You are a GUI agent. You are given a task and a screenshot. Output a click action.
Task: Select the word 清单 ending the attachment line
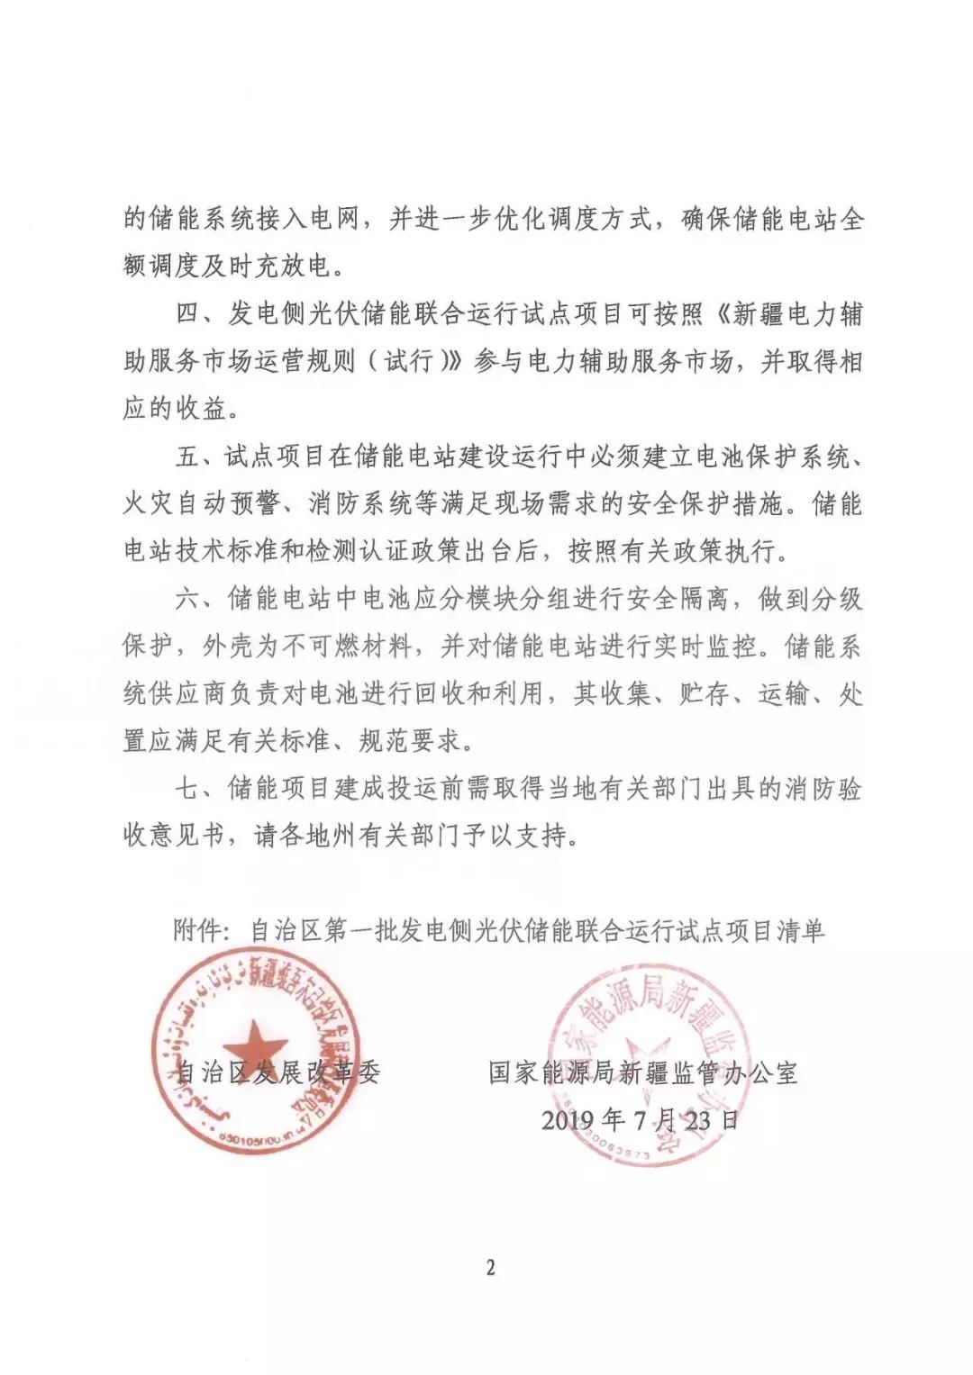pos(801,931)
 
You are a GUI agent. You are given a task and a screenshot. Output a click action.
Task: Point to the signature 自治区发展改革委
pos(277,1072)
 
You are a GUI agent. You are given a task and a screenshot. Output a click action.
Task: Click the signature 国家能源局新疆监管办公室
pos(643,1072)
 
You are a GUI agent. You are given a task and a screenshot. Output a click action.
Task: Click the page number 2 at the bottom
pos(490,1269)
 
